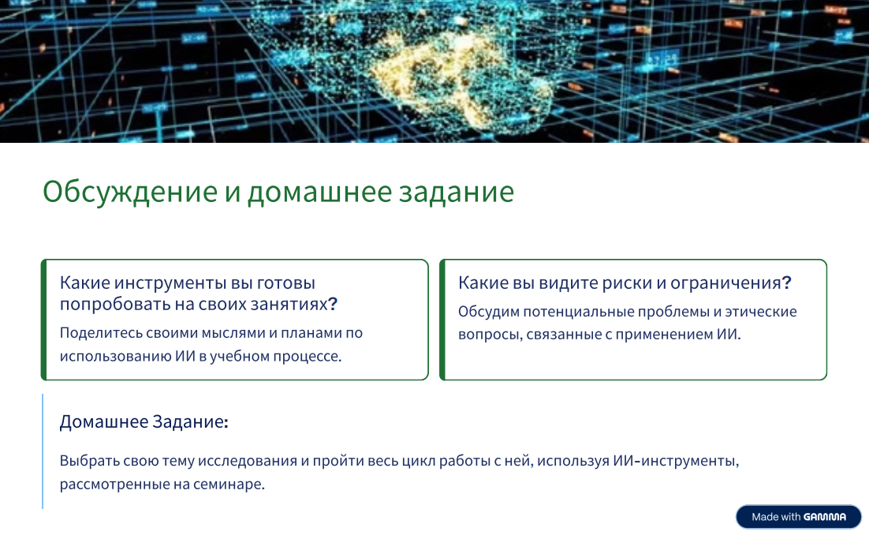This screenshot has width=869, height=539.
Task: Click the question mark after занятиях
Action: [x=333, y=303]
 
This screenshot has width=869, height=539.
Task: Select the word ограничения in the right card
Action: [x=725, y=283]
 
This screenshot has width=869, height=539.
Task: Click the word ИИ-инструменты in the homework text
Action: [x=676, y=461]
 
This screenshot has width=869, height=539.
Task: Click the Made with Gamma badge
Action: [x=799, y=517]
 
